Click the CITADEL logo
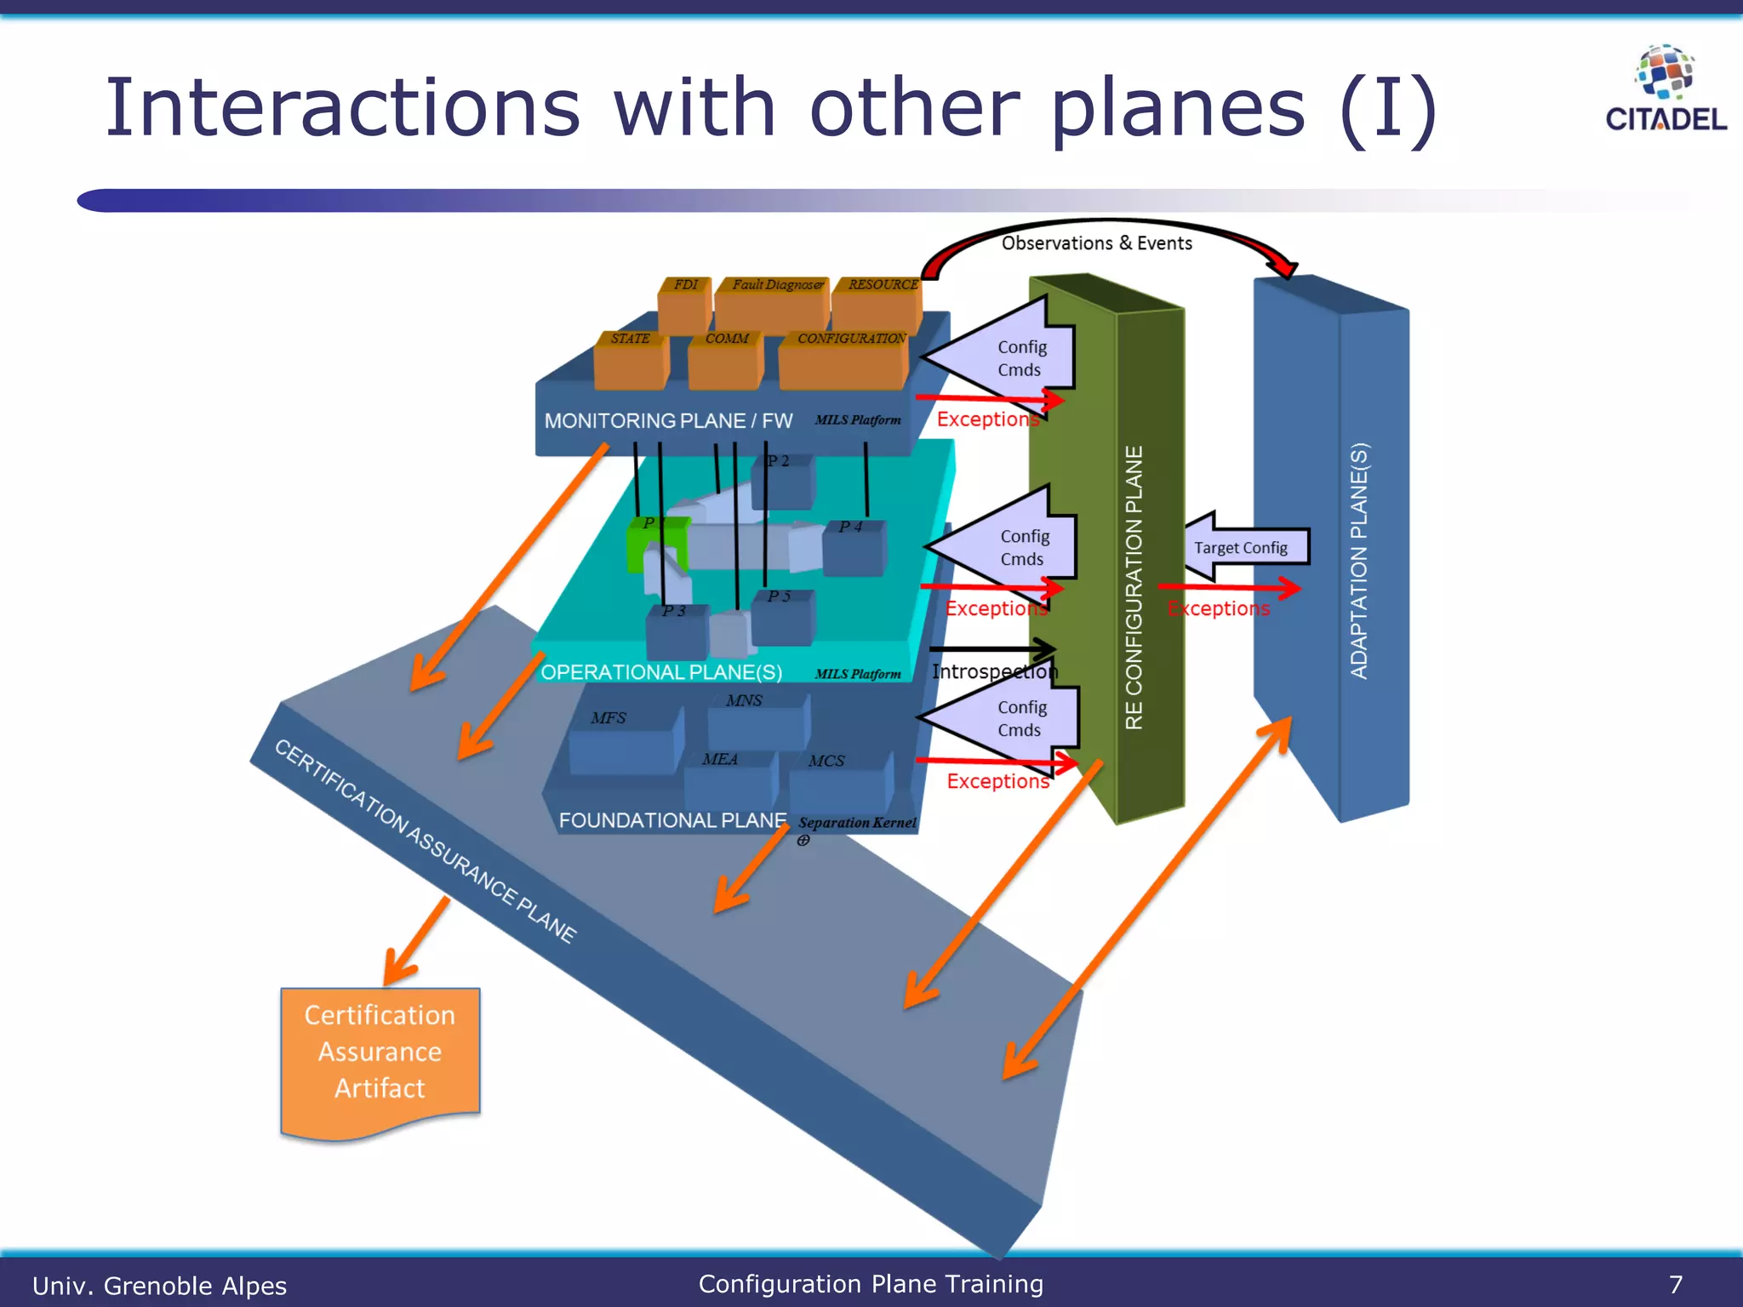coord(1665,89)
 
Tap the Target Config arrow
coord(1244,547)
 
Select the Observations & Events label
coord(1096,243)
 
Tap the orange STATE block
coord(631,362)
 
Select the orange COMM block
coord(726,362)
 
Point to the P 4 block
coord(854,549)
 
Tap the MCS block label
coord(826,761)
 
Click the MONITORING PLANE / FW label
coord(668,421)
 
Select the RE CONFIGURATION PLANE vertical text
coord(1134,587)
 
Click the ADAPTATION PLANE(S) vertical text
coord(1359,561)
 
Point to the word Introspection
coord(994,671)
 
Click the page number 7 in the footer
coord(1675,1284)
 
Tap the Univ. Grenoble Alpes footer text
coord(159,1285)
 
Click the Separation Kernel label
coord(857,823)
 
